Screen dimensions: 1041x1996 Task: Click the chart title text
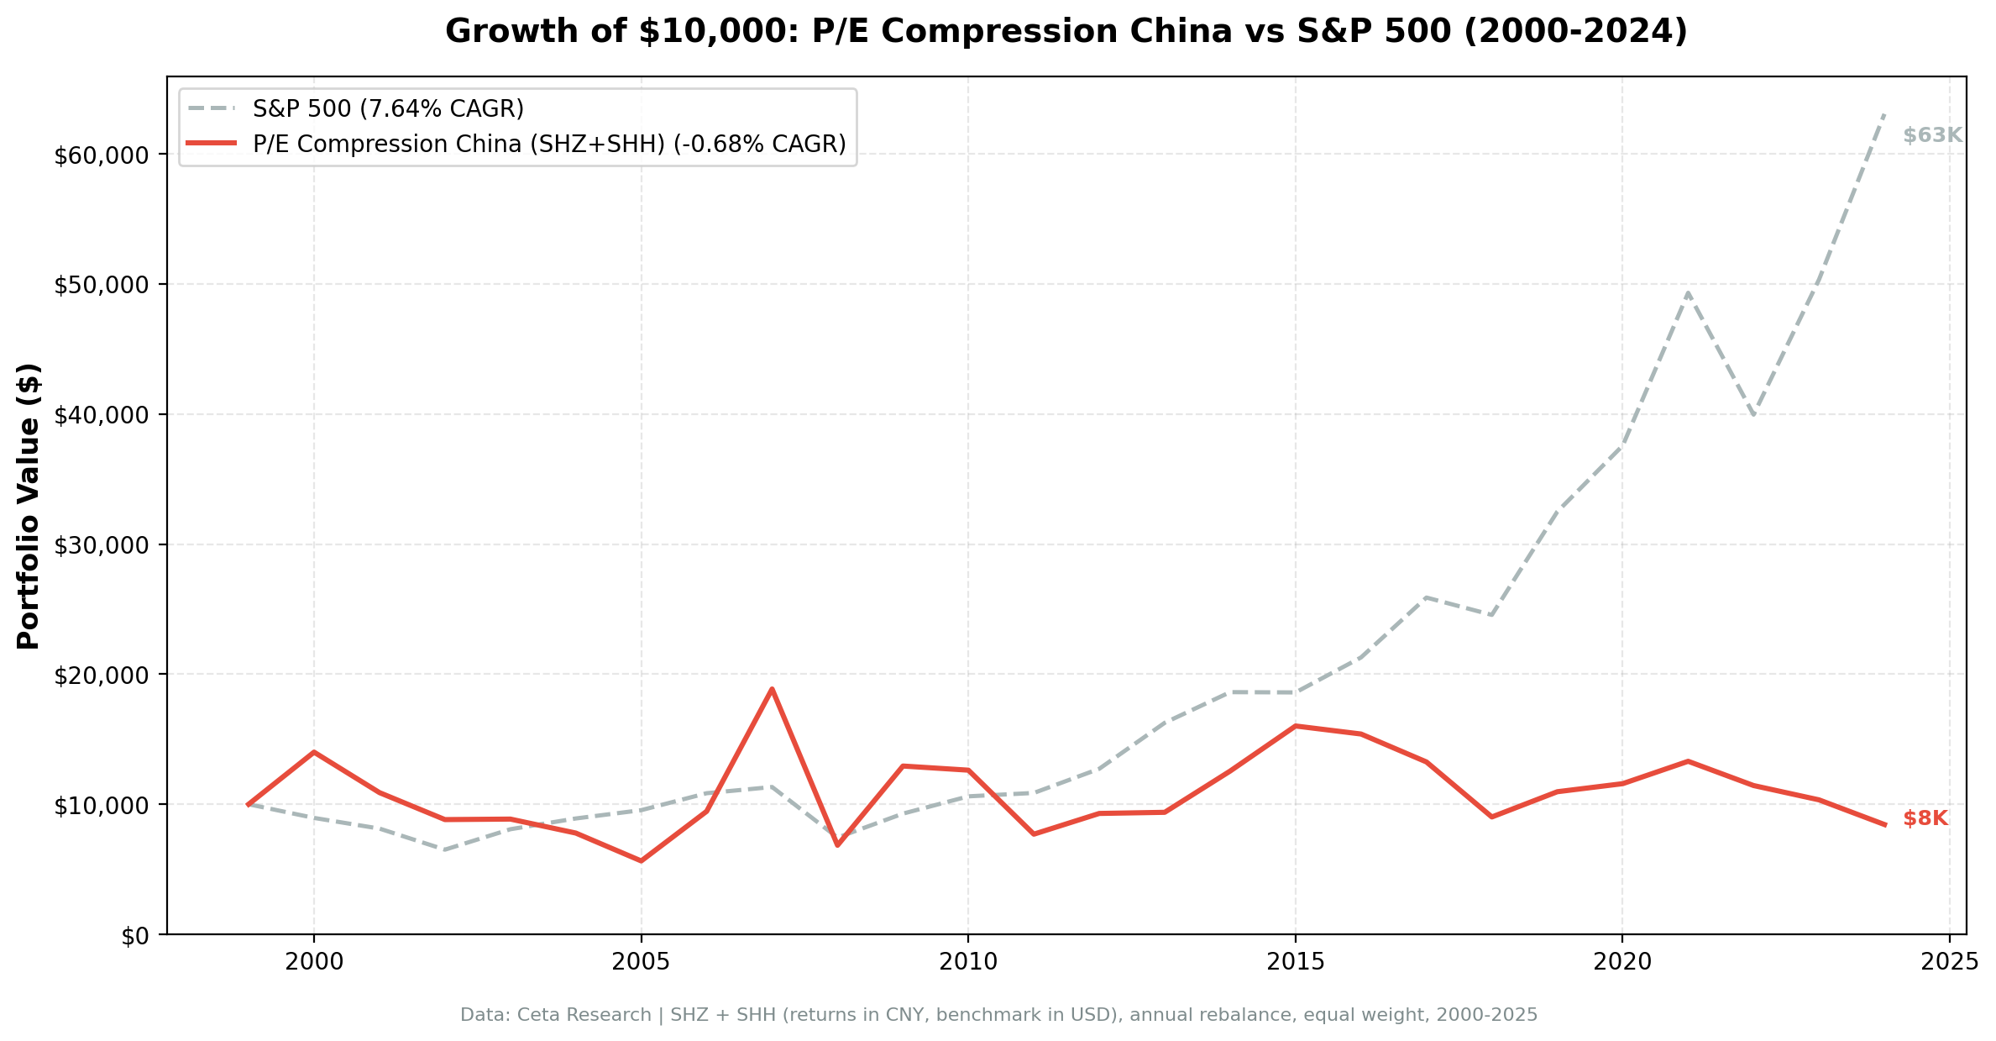(x=1066, y=32)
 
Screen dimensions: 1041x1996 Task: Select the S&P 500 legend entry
(x=388, y=108)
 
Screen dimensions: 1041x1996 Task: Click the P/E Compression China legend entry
(x=549, y=145)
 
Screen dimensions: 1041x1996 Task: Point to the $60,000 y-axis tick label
(x=101, y=155)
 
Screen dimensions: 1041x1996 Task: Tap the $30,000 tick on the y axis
(x=101, y=545)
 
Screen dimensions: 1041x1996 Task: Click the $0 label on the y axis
(x=135, y=936)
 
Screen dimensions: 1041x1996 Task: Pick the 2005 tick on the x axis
(x=641, y=962)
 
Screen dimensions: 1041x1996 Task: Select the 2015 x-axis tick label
(x=1295, y=962)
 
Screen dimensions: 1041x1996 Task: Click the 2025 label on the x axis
(x=1948, y=962)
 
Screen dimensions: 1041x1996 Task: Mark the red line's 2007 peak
(x=772, y=689)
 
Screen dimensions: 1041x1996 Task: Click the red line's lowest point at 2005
(x=641, y=861)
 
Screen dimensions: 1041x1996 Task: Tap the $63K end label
(x=1932, y=135)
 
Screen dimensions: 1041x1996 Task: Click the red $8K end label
(x=1925, y=818)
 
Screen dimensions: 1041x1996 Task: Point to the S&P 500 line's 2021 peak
(x=1687, y=292)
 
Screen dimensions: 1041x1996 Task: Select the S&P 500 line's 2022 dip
(x=1752, y=414)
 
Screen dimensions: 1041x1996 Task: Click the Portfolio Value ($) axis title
(x=29, y=506)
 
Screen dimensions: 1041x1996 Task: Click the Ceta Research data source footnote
(x=998, y=1015)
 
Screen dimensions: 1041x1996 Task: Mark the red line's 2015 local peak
(x=1295, y=726)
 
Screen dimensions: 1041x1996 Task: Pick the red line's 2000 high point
(x=314, y=752)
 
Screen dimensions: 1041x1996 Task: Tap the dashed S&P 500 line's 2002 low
(x=444, y=849)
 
